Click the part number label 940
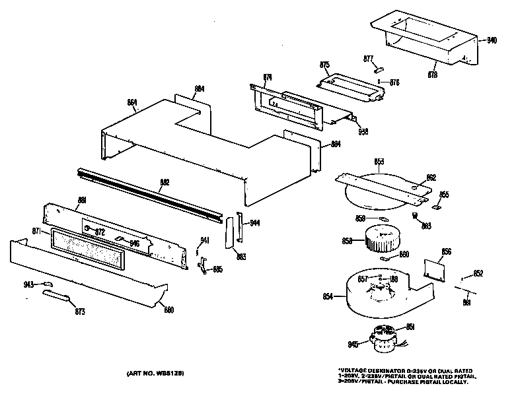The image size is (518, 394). [492, 40]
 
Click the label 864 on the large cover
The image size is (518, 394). [132, 102]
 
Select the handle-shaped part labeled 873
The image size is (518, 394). [56, 296]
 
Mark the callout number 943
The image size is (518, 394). [29, 284]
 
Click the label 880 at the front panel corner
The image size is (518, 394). [168, 310]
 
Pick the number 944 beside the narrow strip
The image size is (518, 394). [254, 223]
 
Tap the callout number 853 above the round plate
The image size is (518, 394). [379, 161]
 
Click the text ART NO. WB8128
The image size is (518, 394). [155, 374]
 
